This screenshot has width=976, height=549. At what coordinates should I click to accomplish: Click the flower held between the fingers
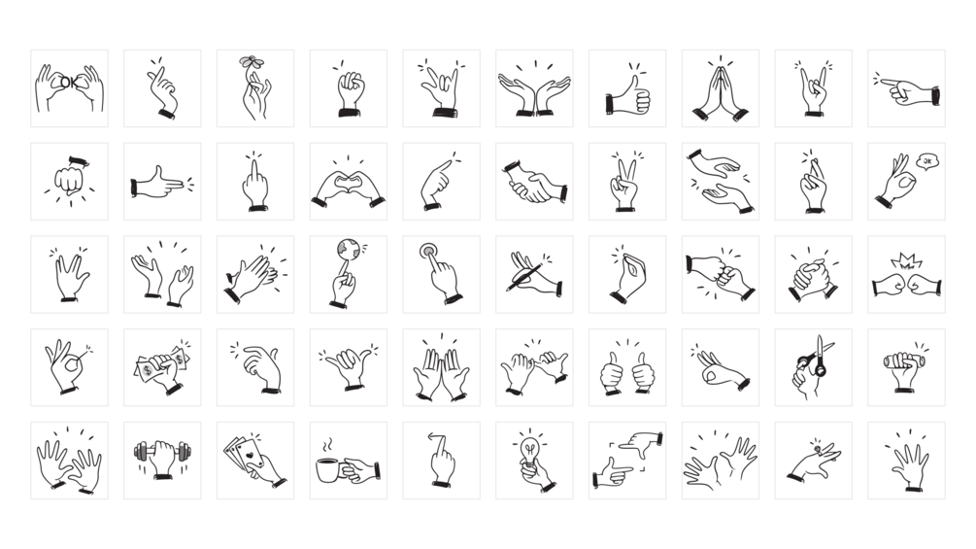(x=252, y=61)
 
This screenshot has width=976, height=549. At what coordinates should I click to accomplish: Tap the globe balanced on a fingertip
(x=348, y=250)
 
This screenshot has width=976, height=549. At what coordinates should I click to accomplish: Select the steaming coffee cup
(x=327, y=470)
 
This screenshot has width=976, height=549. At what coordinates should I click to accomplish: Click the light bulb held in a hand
(x=529, y=450)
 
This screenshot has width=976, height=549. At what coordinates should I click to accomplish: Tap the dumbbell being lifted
(x=162, y=451)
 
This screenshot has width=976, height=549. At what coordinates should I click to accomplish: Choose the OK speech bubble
(x=927, y=161)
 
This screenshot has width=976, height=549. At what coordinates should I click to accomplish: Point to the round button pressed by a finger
(x=428, y=252)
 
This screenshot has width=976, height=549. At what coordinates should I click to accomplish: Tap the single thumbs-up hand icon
(x=627, y=96)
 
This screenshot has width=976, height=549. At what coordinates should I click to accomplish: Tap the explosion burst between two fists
(x=906, y=261)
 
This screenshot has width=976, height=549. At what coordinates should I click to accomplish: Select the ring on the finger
(x=818, y=448)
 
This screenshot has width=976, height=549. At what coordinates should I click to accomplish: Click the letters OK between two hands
(x=69, y=83)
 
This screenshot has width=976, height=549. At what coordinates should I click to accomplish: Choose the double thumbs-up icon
(x=627, y=373)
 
